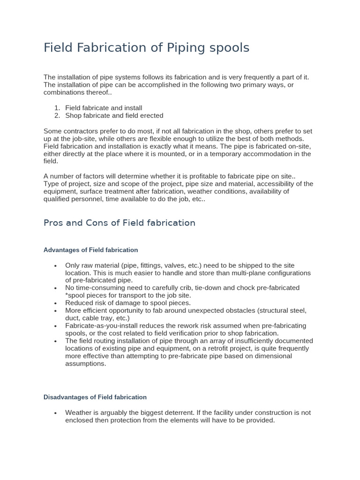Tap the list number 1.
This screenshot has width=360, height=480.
coord(57,108)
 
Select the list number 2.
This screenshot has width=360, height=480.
coord(57,115)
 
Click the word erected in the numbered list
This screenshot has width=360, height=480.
coord(150,115)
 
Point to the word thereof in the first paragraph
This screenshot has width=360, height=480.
coord(96,92)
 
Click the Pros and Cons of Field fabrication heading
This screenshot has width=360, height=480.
coord(120,223)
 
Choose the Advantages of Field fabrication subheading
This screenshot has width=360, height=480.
coord(90,250)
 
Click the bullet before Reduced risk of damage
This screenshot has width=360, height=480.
coord(56,303)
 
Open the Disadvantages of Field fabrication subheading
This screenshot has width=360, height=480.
coord(95,397)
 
